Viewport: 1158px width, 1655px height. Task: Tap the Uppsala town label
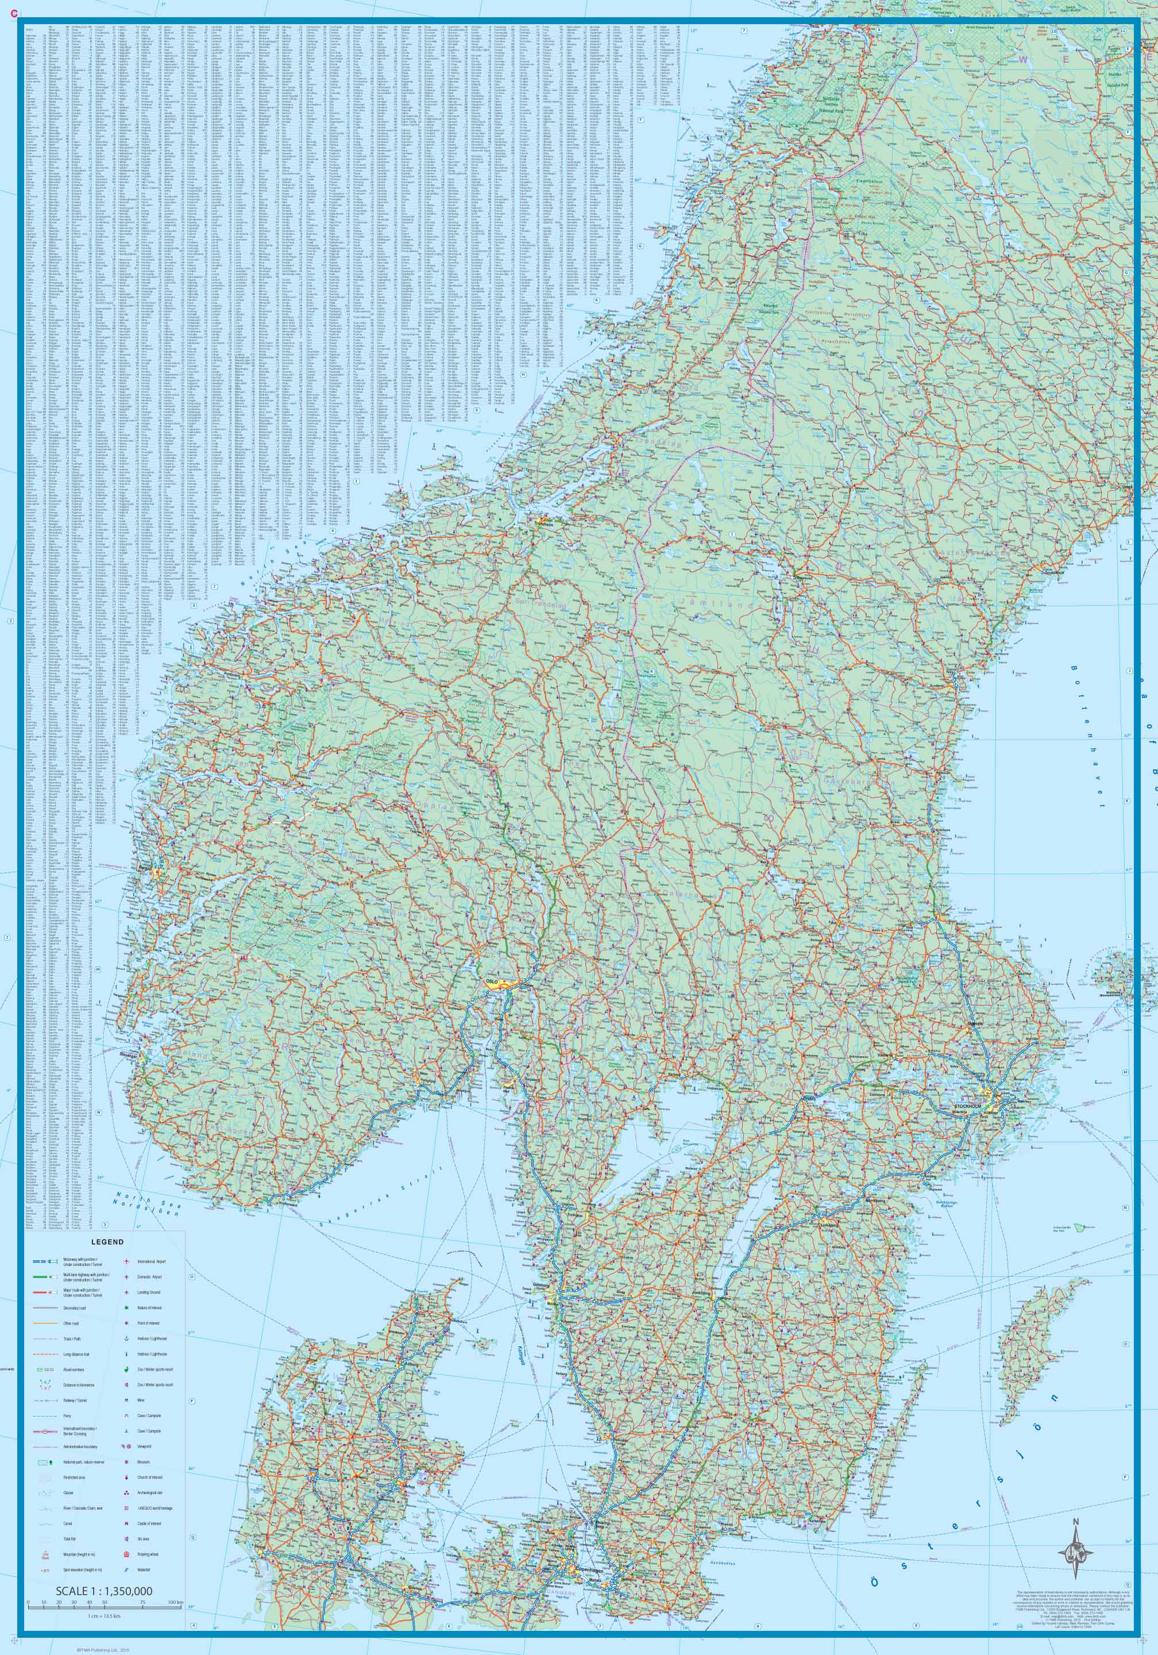tap(976, 1023)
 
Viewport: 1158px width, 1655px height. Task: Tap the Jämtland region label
tap(721, 606)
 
